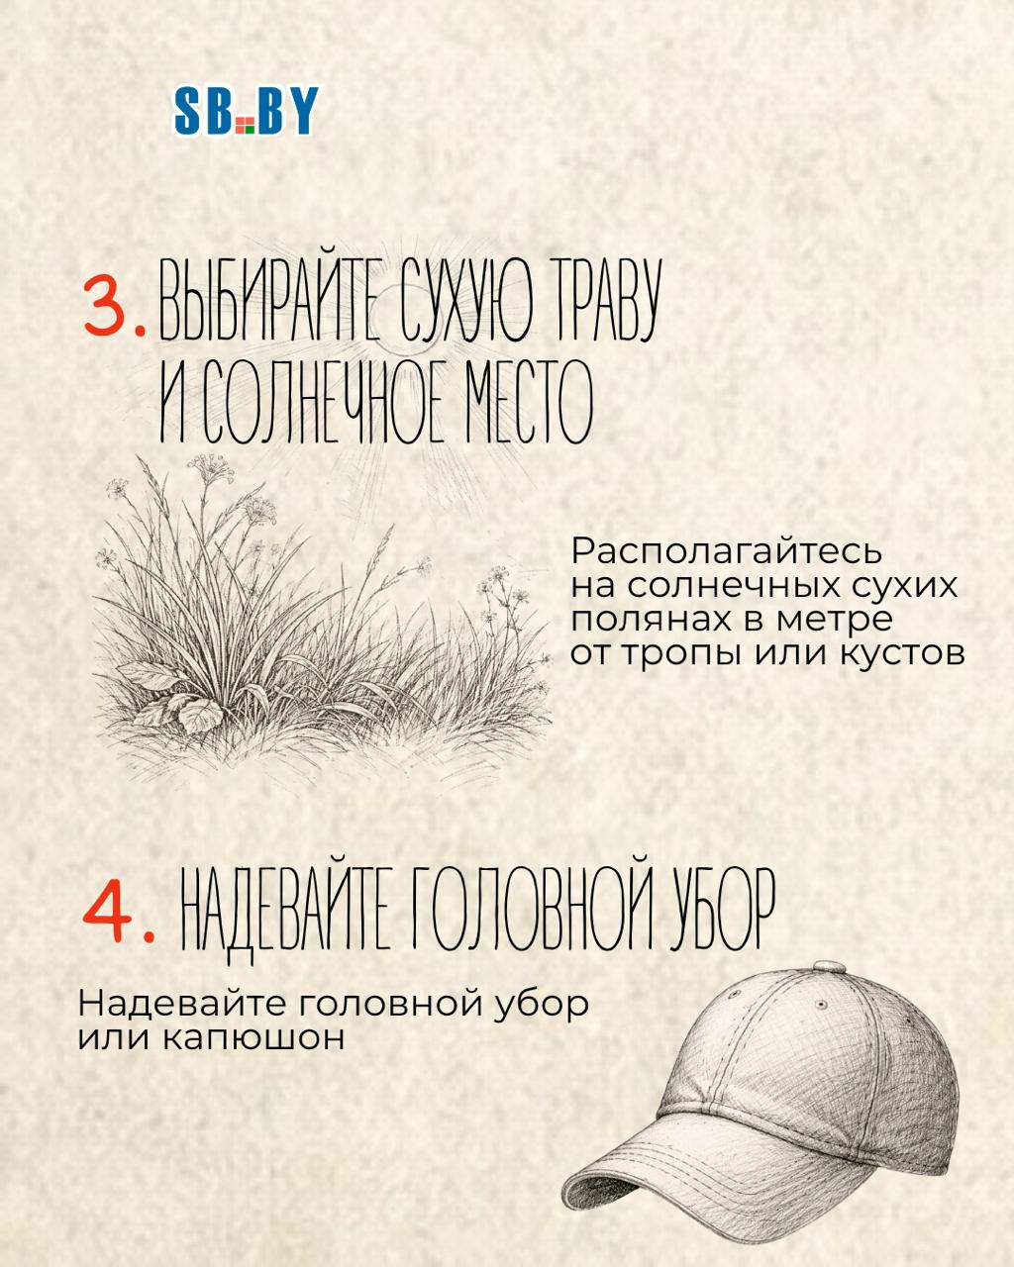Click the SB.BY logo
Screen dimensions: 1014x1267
point(246,110)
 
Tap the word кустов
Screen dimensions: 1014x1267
point(901,654)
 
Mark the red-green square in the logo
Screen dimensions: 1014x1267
point(245,125)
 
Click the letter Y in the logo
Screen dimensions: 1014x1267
point(305,110)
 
